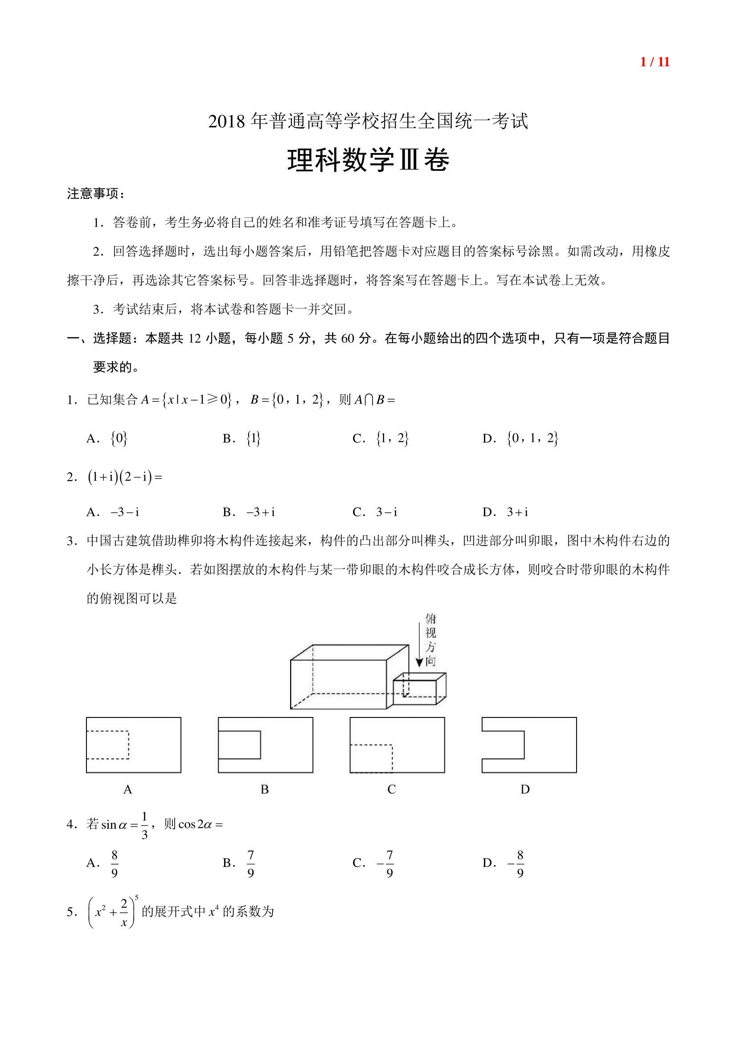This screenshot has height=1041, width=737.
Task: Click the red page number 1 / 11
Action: (655, 62)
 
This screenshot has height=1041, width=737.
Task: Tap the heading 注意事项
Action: (95, 194)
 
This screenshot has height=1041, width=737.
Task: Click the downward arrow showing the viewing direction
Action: (419, 644)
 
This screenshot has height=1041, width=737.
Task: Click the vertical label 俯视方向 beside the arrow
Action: (431, 640)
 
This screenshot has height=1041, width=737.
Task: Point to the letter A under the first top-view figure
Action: (128, 790)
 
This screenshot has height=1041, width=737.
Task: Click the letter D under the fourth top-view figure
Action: (525, 790)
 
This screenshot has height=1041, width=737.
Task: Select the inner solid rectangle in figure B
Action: (240, 745)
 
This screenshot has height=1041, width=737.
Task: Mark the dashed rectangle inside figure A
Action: (108, 745)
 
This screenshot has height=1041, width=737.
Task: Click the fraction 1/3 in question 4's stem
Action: (144, 825)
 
